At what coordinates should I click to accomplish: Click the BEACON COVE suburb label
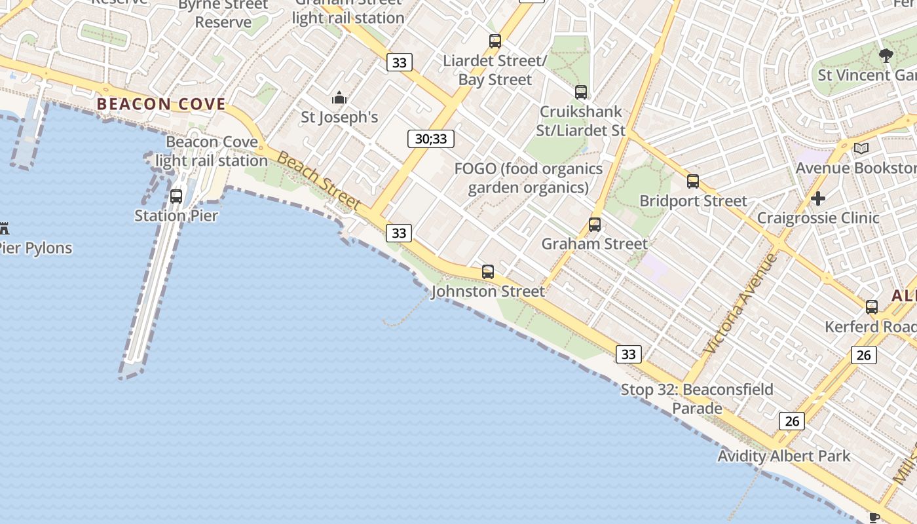click(x=161, y=104)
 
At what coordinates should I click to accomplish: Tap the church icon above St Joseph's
click(x=339, y=98)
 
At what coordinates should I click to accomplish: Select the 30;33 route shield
click(x=430, y=139)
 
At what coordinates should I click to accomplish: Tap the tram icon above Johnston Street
click(x=488, y=271)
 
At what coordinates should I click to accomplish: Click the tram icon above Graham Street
click(x=595, y=225)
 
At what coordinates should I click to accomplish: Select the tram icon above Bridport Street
click(x=693, y=181)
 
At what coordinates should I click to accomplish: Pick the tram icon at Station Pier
click(x=176, y=196)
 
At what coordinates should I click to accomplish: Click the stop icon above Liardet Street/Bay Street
click(x=495, y=41)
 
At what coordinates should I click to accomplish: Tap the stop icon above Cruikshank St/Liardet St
click(x=581, y=92)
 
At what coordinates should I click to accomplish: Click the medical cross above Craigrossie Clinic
click(x=817, y=198)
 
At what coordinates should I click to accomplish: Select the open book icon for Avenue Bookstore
click(x=861, y=149)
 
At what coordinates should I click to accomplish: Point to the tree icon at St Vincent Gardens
click(x=886, y=56)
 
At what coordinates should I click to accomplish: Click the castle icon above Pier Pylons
click(x=5, y=229)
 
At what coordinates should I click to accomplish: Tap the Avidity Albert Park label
click(x=783, y=456)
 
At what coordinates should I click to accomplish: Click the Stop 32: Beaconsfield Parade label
click(x=697, y=399)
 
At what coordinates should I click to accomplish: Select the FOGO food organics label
click(x=529, y=178)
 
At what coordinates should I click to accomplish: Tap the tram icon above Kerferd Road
click(x=872, y=307)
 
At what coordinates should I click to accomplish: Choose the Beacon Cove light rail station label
click(x=212, y=151)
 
